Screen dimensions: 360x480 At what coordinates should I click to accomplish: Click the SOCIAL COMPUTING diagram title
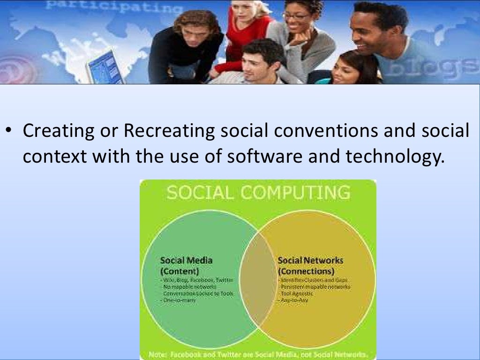coord(258,193)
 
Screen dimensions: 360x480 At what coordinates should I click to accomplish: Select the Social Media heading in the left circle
coord(186,261)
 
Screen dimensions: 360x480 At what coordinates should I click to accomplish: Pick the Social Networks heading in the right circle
coord(310,261)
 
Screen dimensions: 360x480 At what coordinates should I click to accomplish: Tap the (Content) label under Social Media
coord(180,271)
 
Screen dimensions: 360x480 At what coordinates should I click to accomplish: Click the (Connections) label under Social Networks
coord(306,271)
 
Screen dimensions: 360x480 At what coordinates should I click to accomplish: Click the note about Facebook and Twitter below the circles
coord(258,354)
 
